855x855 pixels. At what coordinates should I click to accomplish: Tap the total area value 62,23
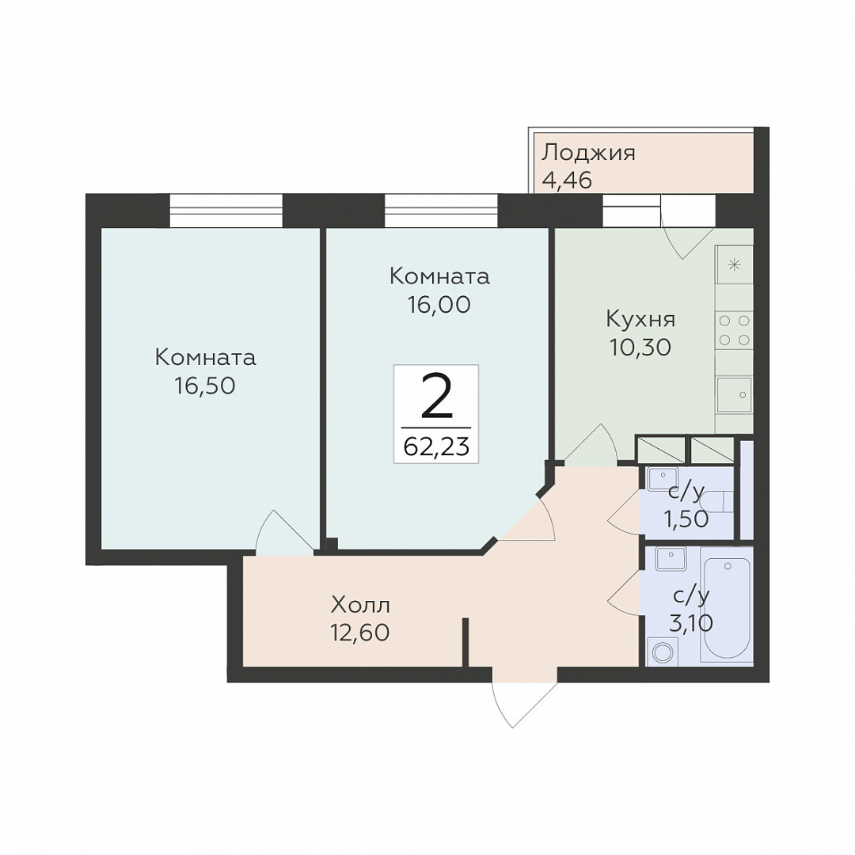coord(436,447)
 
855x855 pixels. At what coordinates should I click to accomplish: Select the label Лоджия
coord(588,154)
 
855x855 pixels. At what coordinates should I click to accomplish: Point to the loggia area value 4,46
coord(567,180)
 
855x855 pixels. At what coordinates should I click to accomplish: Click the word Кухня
coord(640,319)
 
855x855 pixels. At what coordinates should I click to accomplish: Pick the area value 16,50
coord(205,386)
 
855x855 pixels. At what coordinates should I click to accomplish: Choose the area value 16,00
coord(439,304)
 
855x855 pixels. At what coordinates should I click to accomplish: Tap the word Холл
coord(360,605)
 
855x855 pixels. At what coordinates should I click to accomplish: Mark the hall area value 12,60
coord(359,632)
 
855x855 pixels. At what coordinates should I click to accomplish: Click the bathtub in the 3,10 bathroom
coord(727,610)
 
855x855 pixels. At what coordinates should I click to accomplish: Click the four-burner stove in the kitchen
coord(734,330)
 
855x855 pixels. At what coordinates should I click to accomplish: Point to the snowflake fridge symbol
coord(734,265)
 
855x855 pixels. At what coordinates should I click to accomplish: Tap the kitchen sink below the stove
coord(734,394)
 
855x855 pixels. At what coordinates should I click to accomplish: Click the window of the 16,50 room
coord(226,210)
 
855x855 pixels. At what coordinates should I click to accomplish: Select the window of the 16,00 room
coord(441,210)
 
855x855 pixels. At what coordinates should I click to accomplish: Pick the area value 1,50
coord(686,519)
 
